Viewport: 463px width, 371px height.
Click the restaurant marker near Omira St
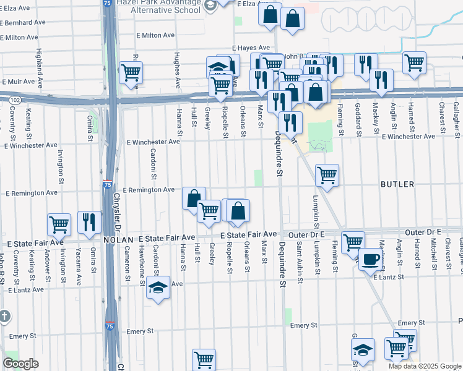point(90,222)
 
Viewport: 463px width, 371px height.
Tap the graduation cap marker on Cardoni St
point(158,288)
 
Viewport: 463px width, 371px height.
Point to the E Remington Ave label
point(149,190)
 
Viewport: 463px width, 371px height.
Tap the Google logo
point(20,364)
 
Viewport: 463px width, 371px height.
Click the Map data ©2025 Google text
point(424,366)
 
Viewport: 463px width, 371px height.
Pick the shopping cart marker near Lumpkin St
point(326,174)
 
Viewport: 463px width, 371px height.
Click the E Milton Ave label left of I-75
point(24,38)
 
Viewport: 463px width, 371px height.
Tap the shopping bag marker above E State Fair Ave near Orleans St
point(238,211)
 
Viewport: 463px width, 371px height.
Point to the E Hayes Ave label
point(251,48)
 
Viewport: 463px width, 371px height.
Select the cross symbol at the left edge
point(4,317)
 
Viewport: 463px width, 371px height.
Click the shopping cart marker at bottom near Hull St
point(203,358)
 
